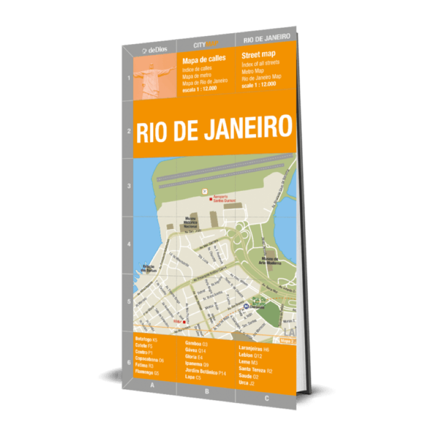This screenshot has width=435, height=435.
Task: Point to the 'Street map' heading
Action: point(258,54)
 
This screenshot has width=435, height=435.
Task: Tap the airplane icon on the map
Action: point(205,191)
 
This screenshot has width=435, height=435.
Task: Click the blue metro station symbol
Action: point(246,306)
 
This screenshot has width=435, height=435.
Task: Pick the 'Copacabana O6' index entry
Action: point(150,360)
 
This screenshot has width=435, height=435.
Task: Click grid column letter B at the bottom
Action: point(207,390)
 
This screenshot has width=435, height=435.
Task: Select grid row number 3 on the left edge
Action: point(128,186)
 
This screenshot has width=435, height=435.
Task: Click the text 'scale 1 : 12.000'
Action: point(259,84)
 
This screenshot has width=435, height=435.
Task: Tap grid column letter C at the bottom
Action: point(266,399)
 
